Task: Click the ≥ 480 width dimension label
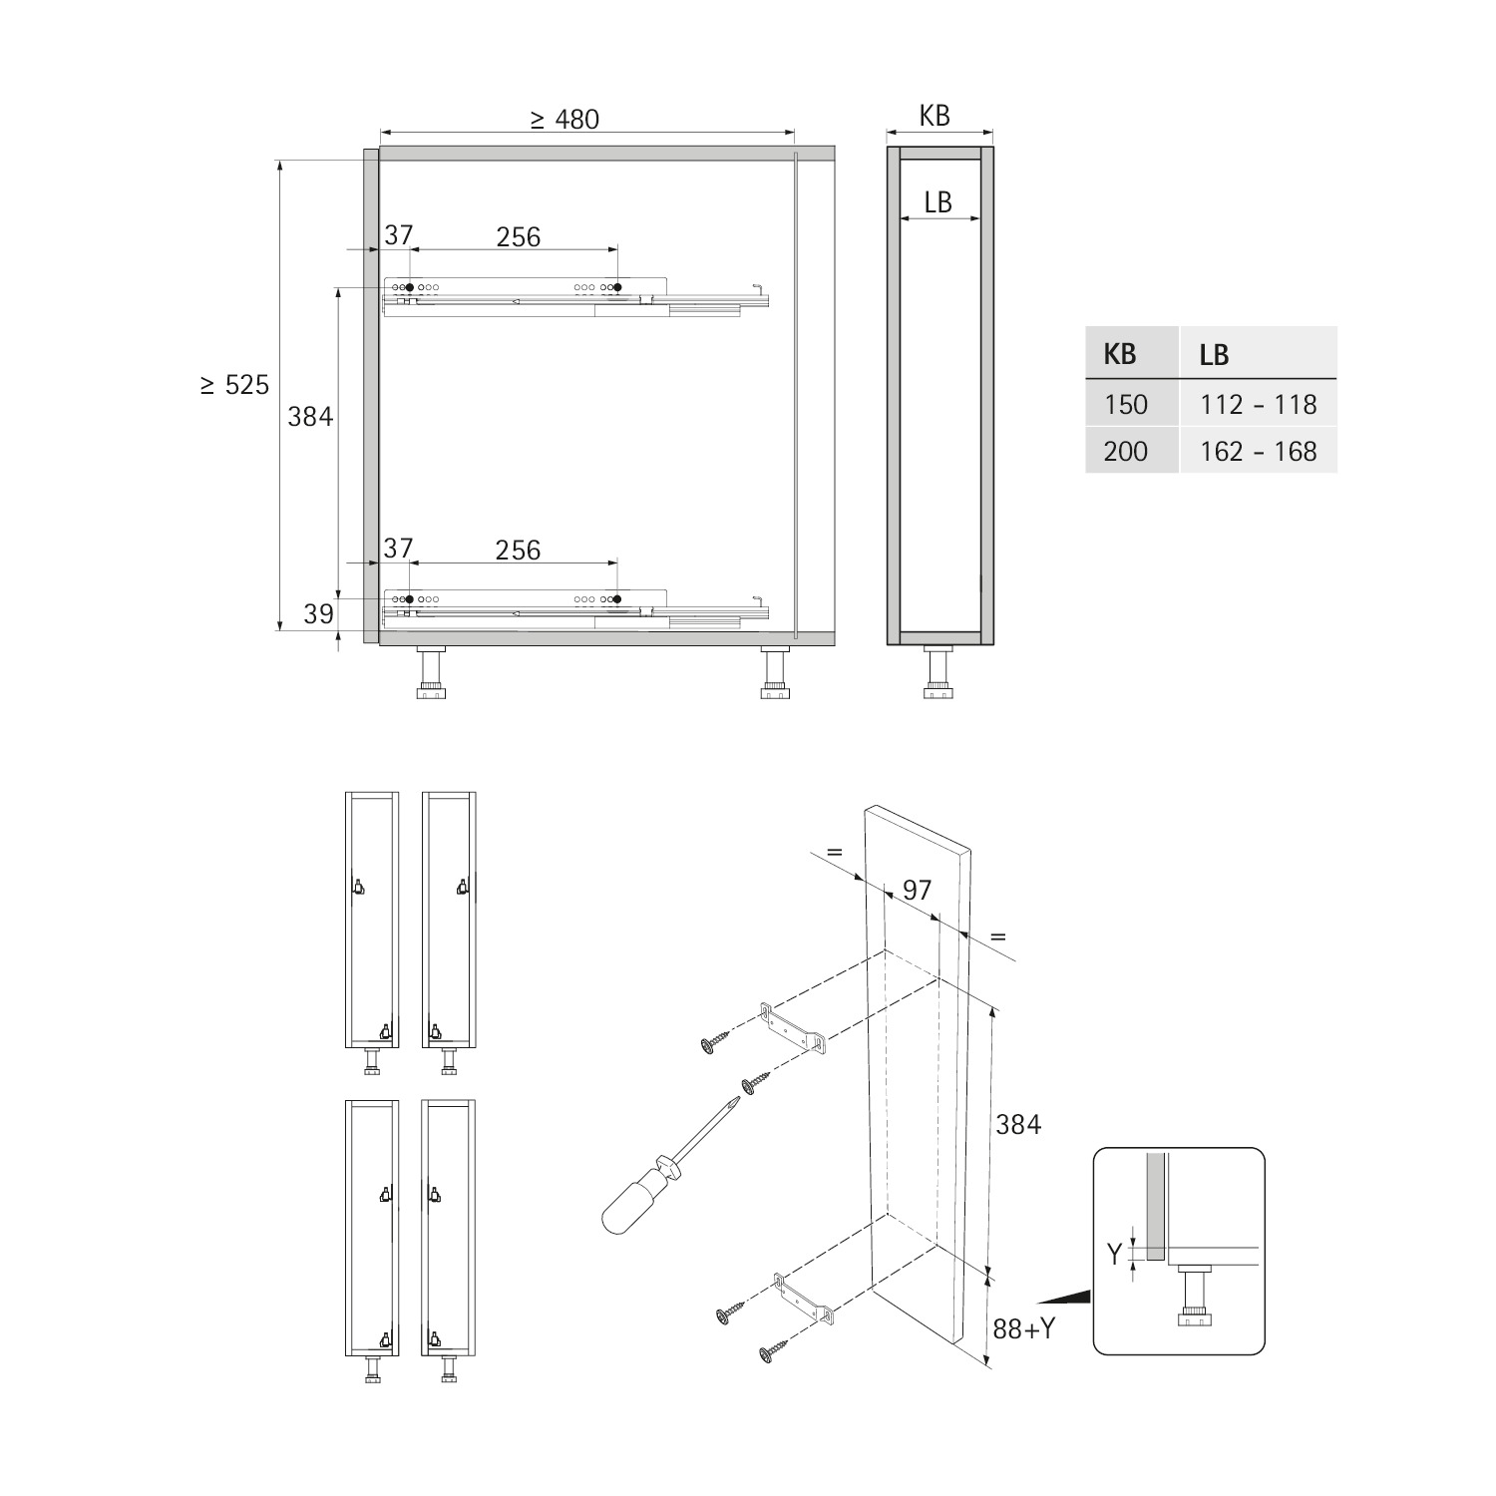click(564, 120)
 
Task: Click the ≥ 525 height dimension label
click(234, 385)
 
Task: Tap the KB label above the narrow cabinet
click(935, 116)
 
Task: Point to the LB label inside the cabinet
click(937, 202)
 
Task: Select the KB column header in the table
click(1120, 354)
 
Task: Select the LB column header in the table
click(1215, 354)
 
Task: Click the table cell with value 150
click(1126, 404)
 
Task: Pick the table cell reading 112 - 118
click(1259, 404)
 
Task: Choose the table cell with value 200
click(1126, 451)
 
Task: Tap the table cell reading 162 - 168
click(1259, 451)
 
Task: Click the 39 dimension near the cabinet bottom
click(318, 613)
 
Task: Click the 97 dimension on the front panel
click(917, 890)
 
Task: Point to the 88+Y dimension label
click(1024, 1328)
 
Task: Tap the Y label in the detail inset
click(1115, 1255)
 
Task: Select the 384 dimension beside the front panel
click(1018, 1125)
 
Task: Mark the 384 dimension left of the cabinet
click(310, 416)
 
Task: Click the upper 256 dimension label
click(519, 236)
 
